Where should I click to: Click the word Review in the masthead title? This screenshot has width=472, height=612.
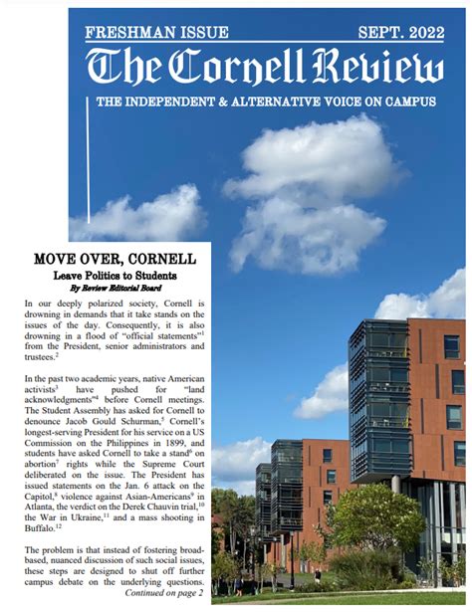tap(378, 68)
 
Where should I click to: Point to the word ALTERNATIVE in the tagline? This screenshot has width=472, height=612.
tap(283, 102)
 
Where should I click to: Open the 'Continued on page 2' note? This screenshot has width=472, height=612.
tap(163, 593)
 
